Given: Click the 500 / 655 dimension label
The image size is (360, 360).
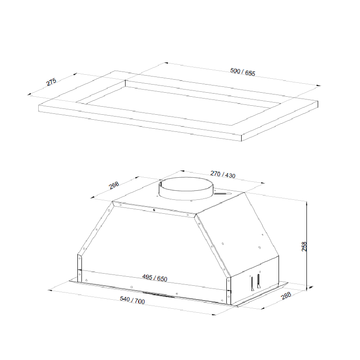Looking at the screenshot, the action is tap(243, 72).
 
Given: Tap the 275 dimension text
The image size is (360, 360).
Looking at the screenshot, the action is tap(51, 82).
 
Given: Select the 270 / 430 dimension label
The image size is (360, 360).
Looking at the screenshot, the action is tap(223, 175).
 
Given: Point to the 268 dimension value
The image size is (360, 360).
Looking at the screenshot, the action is tap(114, 185).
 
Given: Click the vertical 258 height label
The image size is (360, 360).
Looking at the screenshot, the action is tap(304, 246).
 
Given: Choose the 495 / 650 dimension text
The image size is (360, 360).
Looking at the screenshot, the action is tap(155, 278).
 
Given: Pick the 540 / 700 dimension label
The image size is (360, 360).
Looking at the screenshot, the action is tap(132, 300).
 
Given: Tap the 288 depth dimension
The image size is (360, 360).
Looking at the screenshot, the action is tap(286, 296).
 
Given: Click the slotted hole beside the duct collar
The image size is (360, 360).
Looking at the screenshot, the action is tap(222, 194).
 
